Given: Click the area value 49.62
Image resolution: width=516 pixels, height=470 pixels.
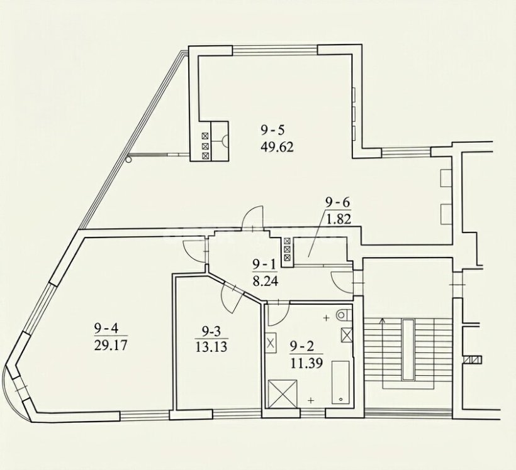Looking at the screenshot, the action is [x=277, y=147].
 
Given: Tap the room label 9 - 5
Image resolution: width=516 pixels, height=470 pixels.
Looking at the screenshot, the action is [x=272, y=131].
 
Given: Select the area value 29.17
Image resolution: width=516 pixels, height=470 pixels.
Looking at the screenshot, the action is [x=110, y=346].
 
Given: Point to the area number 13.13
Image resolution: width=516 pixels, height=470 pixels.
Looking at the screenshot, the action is [x=211, y=347].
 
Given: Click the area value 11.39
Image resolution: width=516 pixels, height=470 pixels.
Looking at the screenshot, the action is [x=306, y=363].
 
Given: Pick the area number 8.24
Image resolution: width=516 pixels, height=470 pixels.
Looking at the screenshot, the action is [x=266, y=281].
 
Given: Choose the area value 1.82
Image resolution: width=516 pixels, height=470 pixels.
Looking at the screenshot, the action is [x=339, y=218].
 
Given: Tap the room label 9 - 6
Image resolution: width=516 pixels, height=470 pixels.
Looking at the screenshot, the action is [x=337, y=203].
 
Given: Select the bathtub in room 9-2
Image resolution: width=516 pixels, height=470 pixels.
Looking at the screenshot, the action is [x=340, y=383].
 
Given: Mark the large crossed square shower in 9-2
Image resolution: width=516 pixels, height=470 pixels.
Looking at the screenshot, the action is [x=283, y=394].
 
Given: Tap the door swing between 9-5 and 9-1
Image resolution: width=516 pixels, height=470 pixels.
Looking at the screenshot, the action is [x=253, y=216].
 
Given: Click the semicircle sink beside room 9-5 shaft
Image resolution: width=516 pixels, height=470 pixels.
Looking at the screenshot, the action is [x=225, y=141].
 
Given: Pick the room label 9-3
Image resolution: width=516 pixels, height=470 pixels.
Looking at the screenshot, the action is [x=211, y=332].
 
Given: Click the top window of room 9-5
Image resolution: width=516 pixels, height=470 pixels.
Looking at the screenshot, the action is [x=275, y=50].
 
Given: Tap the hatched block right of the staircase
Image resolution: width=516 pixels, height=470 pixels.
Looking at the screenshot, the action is [x=472, y=359].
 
